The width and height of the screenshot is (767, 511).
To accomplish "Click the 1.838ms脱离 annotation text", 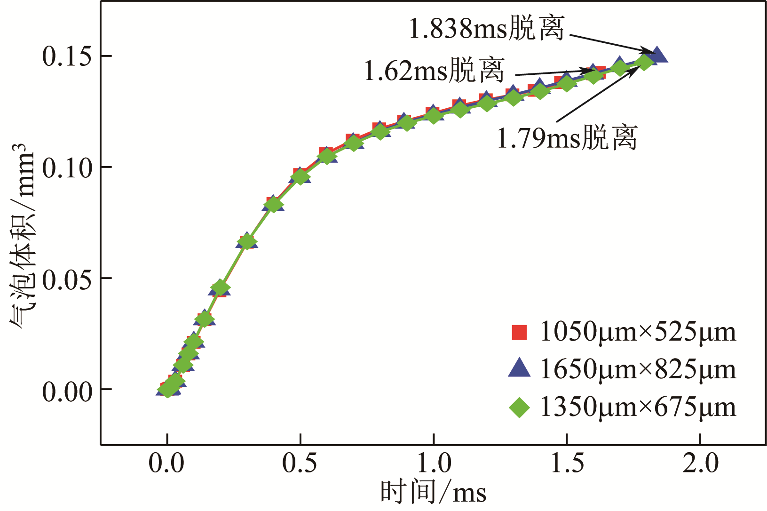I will pyautogui.click(x=486, y=29).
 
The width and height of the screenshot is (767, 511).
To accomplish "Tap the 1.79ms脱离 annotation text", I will pyautogui.click(x=567, y=138).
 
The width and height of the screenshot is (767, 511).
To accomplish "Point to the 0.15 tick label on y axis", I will pyautogui.click(x=66, y=56).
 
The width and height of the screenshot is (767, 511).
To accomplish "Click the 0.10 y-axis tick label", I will pyautogui.click(x=66, y=168).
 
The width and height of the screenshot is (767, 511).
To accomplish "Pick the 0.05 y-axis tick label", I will pyautogui.click(x=66, y=279).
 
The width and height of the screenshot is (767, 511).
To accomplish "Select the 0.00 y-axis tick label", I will pyautogui.click(x=66, y=391).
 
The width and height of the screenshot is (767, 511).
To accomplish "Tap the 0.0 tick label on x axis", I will pyautogui.click(x=166, y=463).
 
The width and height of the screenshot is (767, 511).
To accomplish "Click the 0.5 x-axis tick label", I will pyautogui.click(x=300, y=463).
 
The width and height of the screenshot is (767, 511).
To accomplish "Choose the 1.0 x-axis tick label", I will pyautogui.click(x=434, y=463).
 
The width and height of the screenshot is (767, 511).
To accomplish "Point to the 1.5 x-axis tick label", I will pyautogui.click(x=567, y=463).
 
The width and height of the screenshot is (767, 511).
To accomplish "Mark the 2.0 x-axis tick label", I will pyautogui.click(x=701, y=463).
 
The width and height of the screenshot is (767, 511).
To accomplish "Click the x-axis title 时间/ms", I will pyautogui.click(x=433, y=493).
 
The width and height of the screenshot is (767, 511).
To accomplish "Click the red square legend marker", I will pyautogui.click(x=519, y=332).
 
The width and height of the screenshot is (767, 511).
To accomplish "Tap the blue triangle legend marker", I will pyautogui.click(x=519, y=369).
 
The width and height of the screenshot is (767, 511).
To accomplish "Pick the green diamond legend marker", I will pyautogui.click(x=519, y=407).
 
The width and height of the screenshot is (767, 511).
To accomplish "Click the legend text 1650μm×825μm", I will pyautogui.click(x=638, y=369).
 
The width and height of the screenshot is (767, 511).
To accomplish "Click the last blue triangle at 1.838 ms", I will pyautogui.click(x=657, y=55).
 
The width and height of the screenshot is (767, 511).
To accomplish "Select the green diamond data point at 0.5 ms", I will pyautogui.click(x=300, y=177).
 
